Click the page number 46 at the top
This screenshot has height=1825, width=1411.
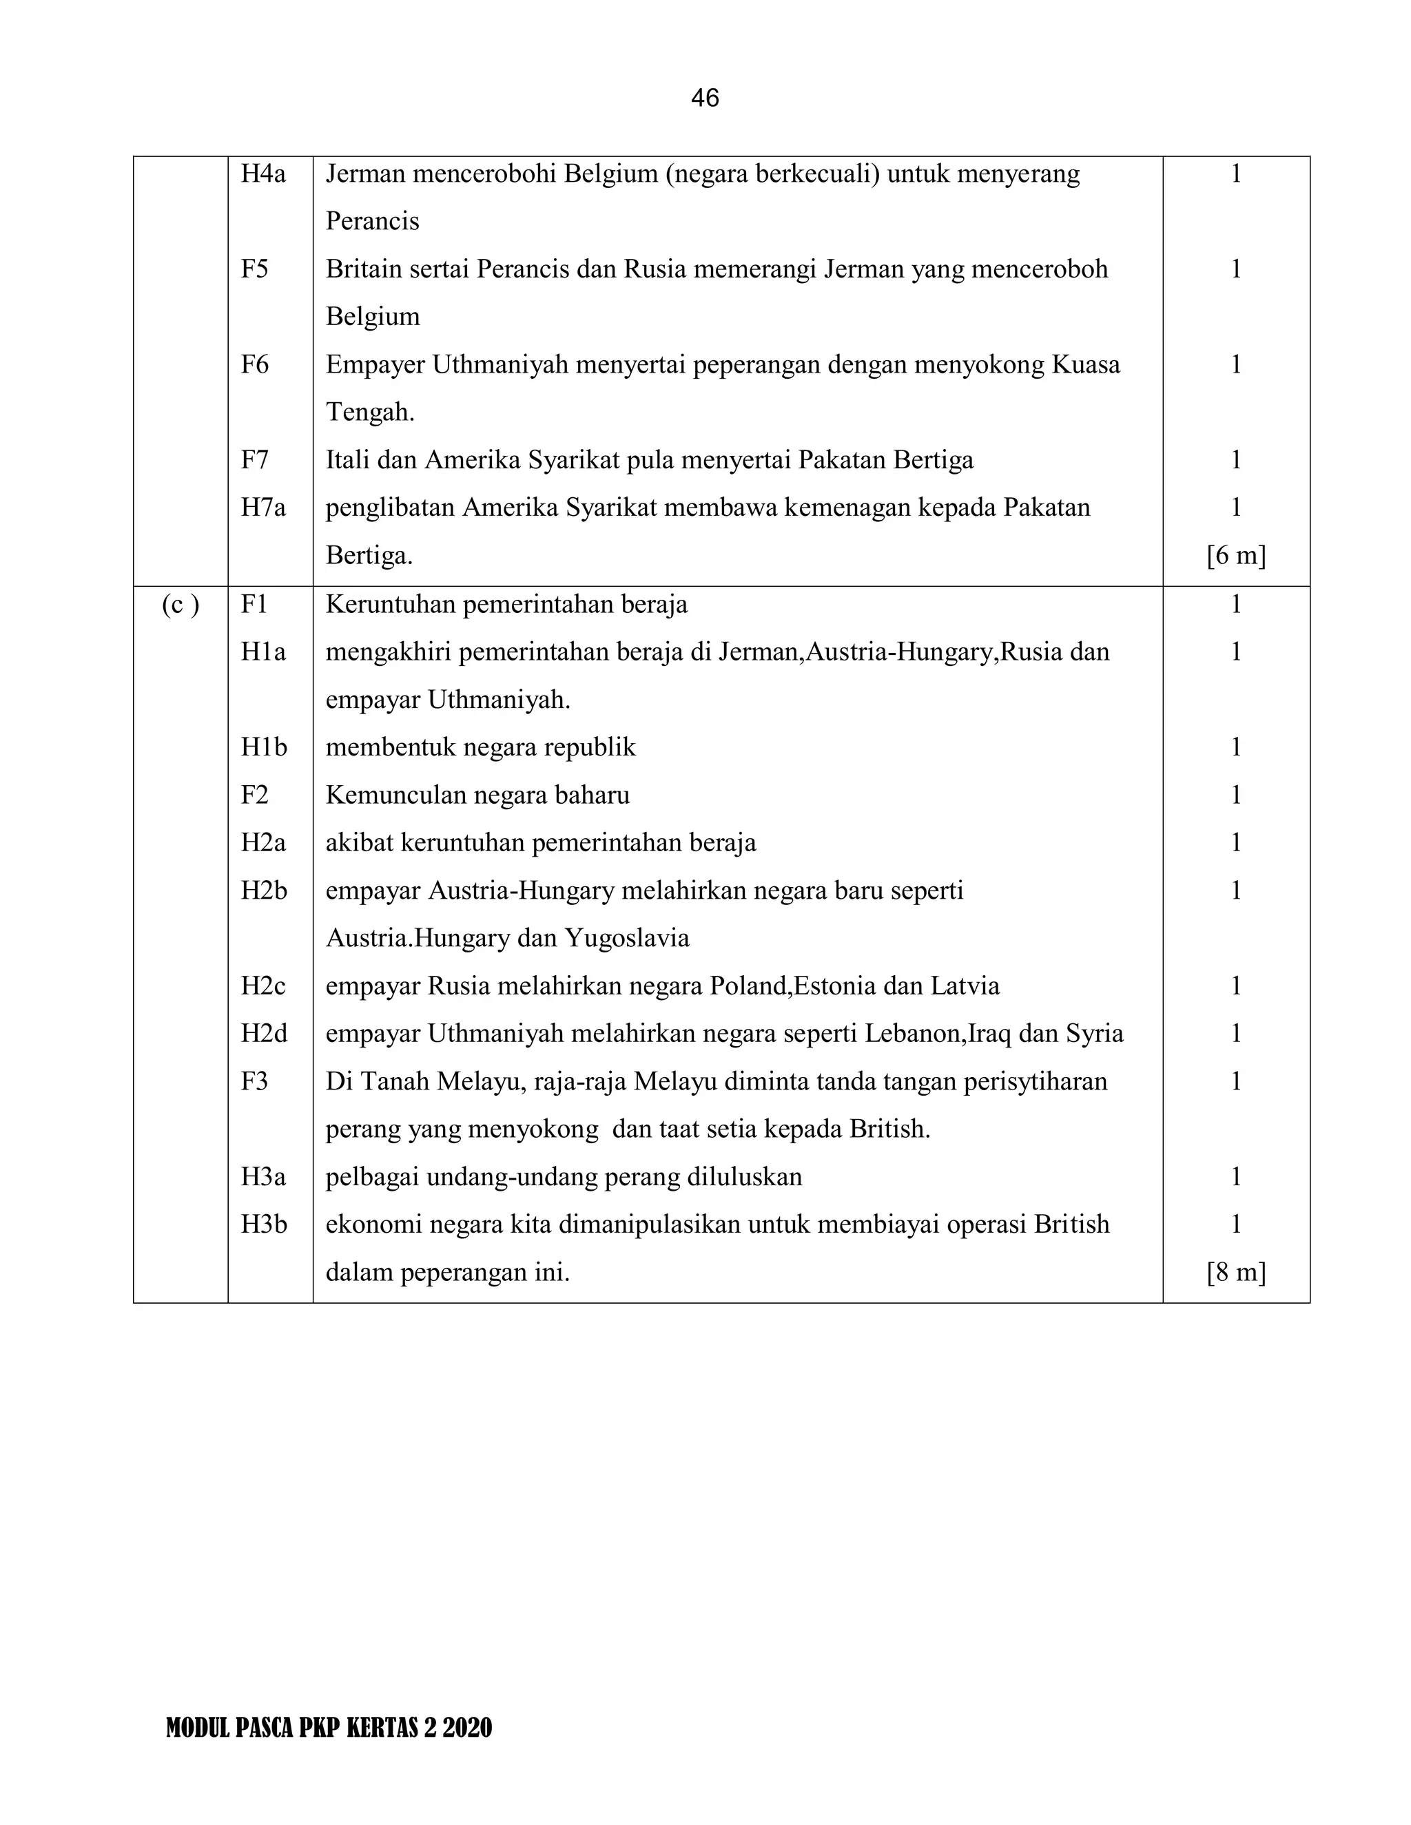pyautogui.click(x=705, y=98)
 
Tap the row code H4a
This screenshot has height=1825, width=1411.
pyautogui.click(x=263, y=174)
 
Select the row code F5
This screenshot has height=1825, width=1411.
pyautogui.click(x=255, y=269)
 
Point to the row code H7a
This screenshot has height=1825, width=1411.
pyautogui.click(x=263, y=508)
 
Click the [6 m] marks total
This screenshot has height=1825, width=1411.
pyautogui.click(x=1235, y=556)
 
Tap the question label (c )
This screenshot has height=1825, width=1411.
pyautogui.click(x=181, y=604)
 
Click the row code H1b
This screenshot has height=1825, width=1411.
pyautogui.click(x=264, y=747)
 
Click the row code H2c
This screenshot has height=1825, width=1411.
pyautogui.click(x=263, y=986)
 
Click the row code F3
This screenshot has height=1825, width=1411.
pyautogui.click(x=255, y=1081)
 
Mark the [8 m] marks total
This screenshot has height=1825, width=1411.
pyautogui.click(x=1235, y=1272)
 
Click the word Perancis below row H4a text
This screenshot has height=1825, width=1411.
pyautogui.click(x=372, y=222)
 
